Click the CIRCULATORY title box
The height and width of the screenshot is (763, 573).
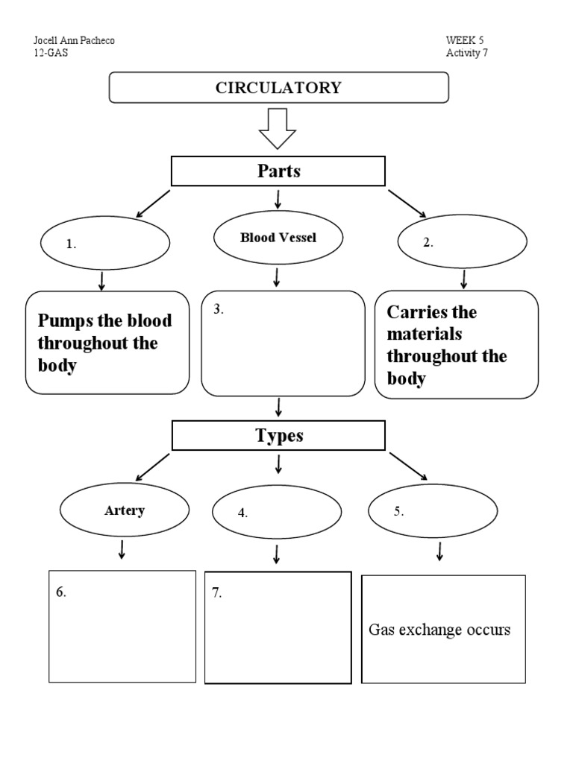(x=279, y=87)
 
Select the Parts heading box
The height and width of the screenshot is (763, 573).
(x=278, y=171)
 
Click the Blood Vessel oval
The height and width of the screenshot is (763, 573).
(x=278, y=238)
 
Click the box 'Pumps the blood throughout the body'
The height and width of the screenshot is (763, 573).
(x=107, y=343)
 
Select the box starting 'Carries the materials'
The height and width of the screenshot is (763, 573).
(x=456, y=344)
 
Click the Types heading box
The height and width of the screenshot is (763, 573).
(x=278, y=436)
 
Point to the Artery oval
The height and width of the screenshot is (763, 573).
(x=124, y=511)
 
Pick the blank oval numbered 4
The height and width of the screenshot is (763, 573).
(x=277, y=513)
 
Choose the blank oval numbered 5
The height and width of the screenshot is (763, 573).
(x=433, y=511)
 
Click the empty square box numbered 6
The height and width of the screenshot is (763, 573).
(x=122, y=626)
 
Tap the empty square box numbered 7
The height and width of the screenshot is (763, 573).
(x=278, y=627)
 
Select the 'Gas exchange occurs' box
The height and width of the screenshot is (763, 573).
(x=443, y=629)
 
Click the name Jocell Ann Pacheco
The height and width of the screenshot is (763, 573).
(x=75, y=40)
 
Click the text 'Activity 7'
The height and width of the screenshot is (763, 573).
(x=467, y=53)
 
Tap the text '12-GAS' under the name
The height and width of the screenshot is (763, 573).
(x=51, y=53)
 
